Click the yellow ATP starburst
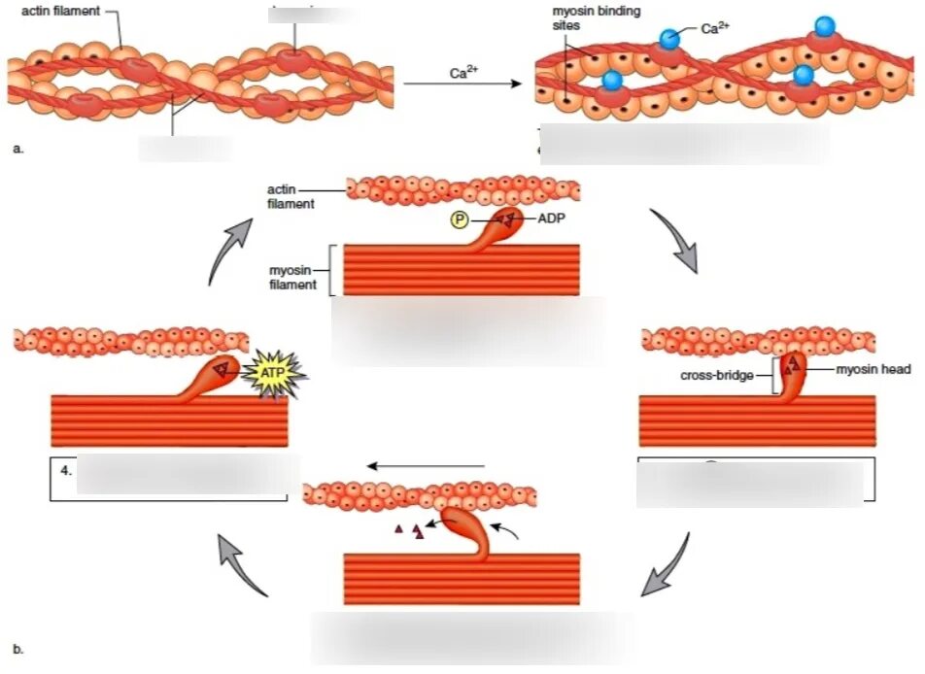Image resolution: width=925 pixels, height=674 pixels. coord(275,370)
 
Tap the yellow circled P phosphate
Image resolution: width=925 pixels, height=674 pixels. coord(458,220)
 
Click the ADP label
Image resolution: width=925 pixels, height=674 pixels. coord(551,219)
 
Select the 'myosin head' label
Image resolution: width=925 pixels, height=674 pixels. coord(874,369)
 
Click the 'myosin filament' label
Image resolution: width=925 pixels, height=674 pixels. coord(294,277)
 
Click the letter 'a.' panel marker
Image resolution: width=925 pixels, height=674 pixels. coord(17,148)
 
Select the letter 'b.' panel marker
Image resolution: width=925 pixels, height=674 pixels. coord(17,649)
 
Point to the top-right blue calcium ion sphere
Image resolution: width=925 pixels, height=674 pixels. coord(824,25)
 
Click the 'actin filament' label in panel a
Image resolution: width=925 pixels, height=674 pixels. coord(60,11)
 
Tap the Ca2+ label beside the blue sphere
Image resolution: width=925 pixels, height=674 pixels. coord(713,28)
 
